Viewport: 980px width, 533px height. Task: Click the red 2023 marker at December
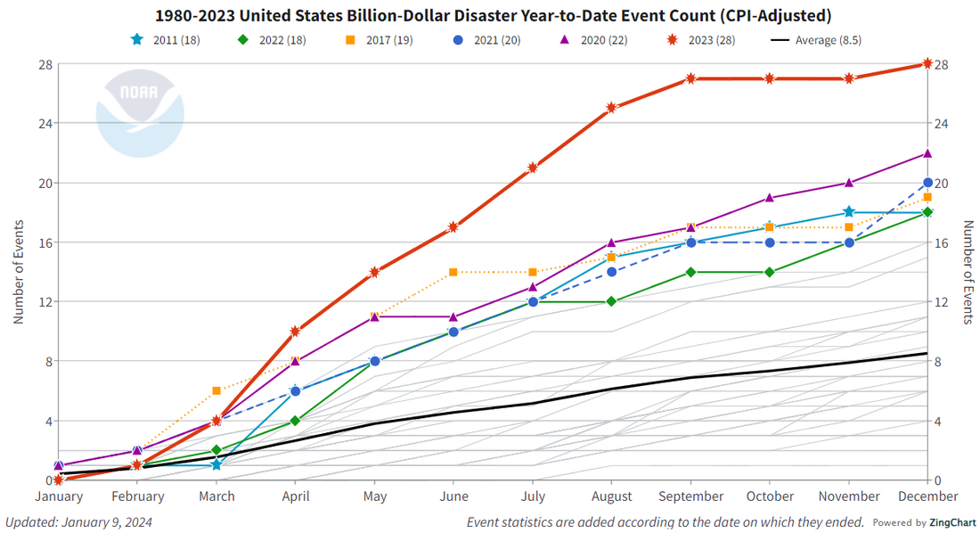click(927, 63)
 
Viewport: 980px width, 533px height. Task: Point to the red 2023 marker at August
click(611, 108)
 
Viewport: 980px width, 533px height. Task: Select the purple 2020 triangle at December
click(927, 153)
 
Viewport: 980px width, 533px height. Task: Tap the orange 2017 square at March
click(216, 391)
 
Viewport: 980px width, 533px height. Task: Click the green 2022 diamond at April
click(296, 421)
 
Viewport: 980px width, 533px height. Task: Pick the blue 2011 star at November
click(849, 212)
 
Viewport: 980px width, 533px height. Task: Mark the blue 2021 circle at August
click(611, 272)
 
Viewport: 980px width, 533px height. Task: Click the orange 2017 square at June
click(453, 272)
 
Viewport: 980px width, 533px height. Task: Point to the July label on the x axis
click(533, 496)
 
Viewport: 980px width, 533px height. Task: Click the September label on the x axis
click(690, 496)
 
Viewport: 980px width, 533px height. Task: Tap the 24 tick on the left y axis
click(43, 123)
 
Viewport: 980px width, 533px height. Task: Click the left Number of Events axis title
click(18, 272)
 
